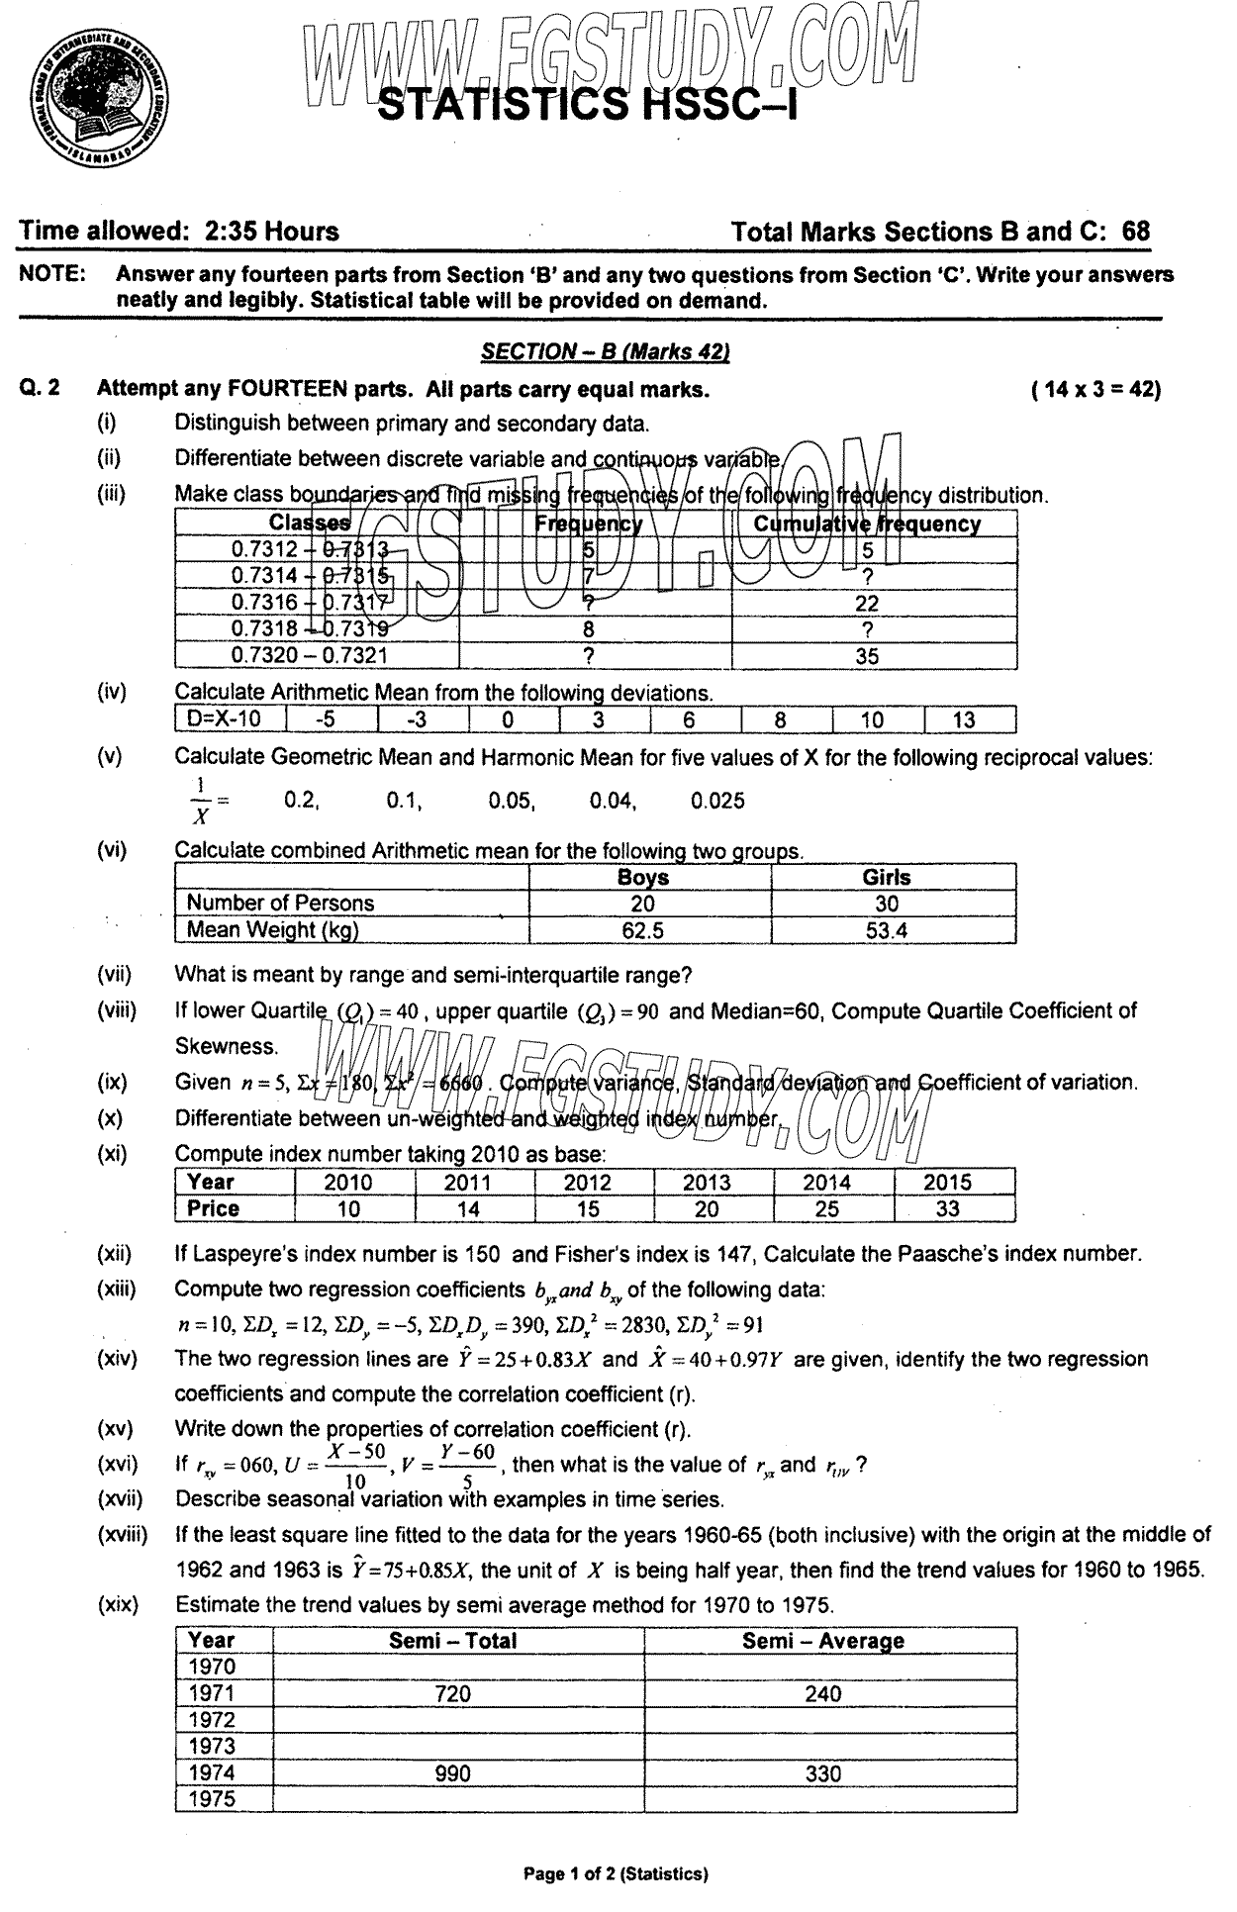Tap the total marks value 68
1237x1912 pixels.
[x=1136, y=232]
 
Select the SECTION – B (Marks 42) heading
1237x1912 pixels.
[x=605, y=351]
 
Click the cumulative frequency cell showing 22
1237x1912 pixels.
[x=867, y=604]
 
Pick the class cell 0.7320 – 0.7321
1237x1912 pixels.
[x=310, y=655]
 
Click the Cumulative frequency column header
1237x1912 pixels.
[x=867, y=525]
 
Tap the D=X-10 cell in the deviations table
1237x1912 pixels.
[x=229, y=720]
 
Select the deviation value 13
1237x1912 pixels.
[x=963, y=720]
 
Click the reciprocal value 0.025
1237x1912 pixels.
[x=717, y=802]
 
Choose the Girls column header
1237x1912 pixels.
[x=887, y=878]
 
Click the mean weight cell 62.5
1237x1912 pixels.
[x=642, y=930]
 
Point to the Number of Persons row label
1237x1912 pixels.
[x=280, y=904]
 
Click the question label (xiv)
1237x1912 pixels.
[x=117, y=1360]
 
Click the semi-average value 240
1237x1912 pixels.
[x=822, y=1694]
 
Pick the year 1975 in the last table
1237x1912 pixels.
[x=212, y=1800]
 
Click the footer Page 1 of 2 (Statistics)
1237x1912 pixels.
[x=616, y=1873]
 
